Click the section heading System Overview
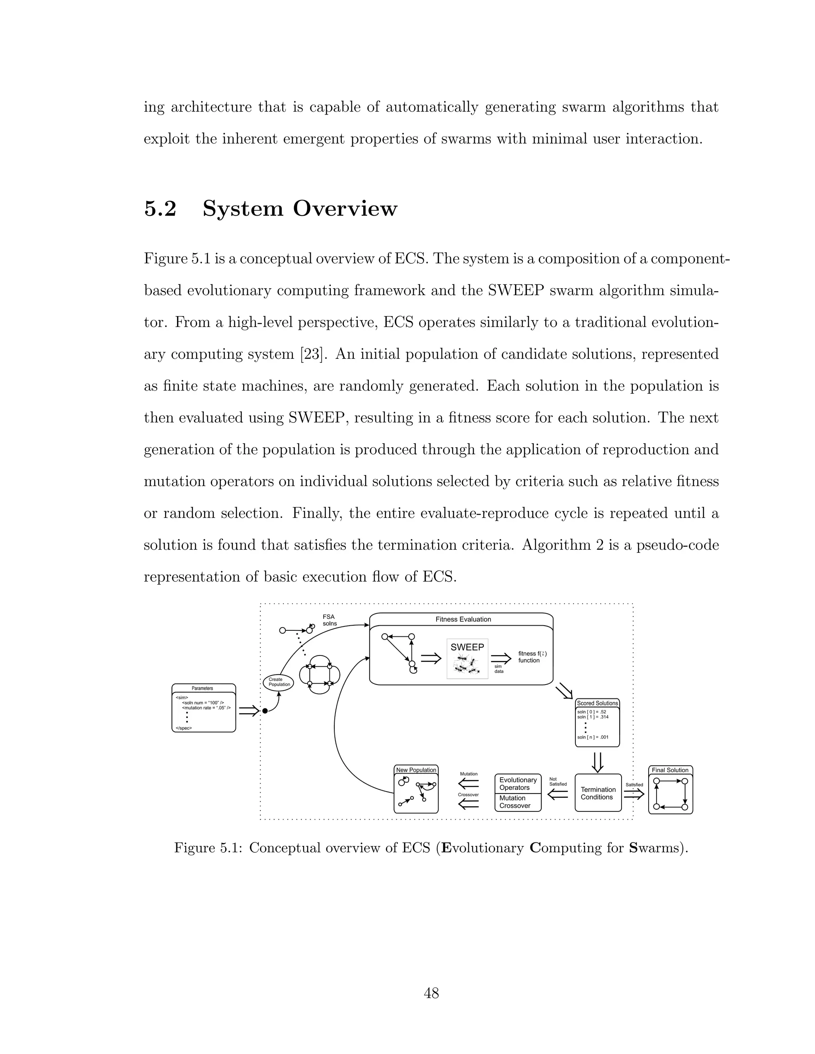pyautogui.click(x=299, y=209)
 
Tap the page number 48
pyautogui.click(x=431, y=993)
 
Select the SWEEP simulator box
pyautogui.click(x=467, y=658)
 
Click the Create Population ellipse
pyautogui.click(x=279, y=682)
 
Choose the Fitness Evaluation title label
pyautogui.click(x=463, y=619)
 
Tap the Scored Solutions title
pyautogui.click(x=597, y=703)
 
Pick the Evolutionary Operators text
pyautogui.click(x=518, y=784)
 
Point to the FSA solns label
pyautogui.click(x=329, y=620)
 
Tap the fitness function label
pyautogui.click(x=532, y=657)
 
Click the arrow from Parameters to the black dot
pyautogui.click(x=249, y=711)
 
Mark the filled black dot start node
pyautogui.click(x=265, y=711)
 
